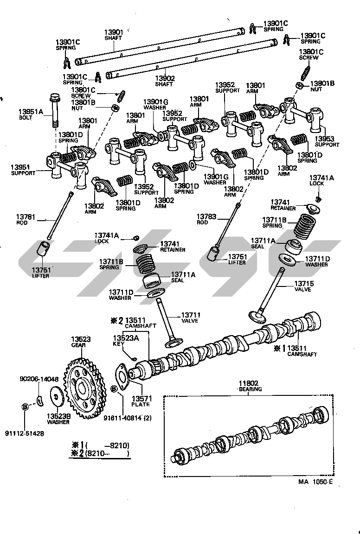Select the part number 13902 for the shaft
point(165,78)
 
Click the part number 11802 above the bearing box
point(249,383)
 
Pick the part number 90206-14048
point(39,379)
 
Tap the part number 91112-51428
point(25,433)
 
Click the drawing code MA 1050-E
point(315,482)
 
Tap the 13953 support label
point(327,139)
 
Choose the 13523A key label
point(126,338)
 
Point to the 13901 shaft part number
point(113,32)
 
